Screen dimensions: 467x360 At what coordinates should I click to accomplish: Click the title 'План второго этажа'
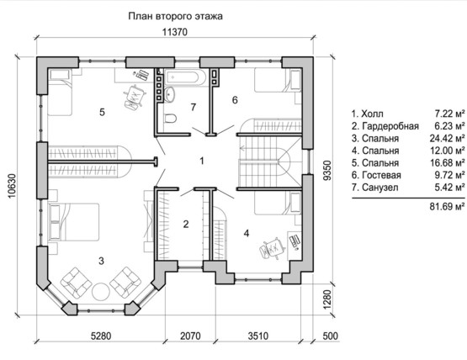coord(175,16)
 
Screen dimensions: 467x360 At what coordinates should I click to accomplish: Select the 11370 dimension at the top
coord(175,32)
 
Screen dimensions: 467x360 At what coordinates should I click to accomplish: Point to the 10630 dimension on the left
coord(11,186)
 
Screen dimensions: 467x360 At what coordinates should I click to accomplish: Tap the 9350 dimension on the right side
coord(326,170)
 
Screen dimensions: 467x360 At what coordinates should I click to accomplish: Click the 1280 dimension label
coord(326,299)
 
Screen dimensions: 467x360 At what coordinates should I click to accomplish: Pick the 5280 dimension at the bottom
coord(101,336)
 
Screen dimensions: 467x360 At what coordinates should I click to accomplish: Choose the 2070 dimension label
coord(190,336)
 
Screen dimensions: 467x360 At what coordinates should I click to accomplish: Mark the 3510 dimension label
coord(258,336)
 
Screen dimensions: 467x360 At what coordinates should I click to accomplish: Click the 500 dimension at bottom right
coord(331,336)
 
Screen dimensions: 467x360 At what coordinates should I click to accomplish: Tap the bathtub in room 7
coord(185,77)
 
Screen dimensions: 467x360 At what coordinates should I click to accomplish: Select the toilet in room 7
coord(170,119)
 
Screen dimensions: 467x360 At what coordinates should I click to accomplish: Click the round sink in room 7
coord(169,94)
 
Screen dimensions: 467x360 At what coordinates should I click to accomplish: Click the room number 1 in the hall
coord(202,161)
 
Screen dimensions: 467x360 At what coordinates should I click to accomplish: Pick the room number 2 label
coord(186,224)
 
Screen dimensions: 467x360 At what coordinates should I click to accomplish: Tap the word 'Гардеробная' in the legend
coord(390,126)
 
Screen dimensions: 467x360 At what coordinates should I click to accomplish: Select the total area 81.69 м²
coord(447,206)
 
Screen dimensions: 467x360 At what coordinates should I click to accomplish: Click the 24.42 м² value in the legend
coord(447,139)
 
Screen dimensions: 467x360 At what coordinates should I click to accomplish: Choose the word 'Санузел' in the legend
coord(380,188)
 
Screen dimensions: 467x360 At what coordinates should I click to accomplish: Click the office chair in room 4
coord(272,248)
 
